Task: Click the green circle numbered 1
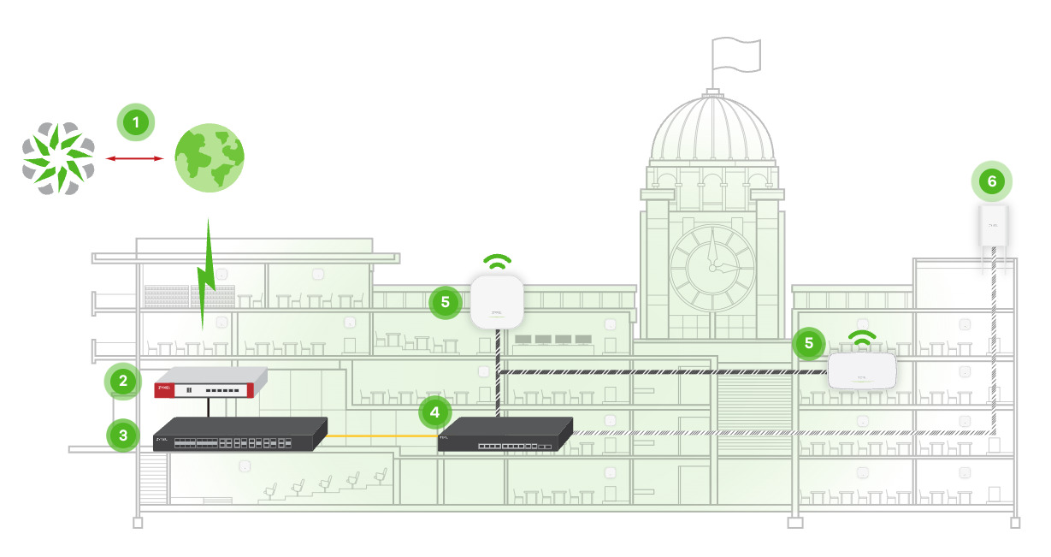[134, 121]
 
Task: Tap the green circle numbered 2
[123, 382]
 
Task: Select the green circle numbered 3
[123, 434]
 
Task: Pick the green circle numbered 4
[435, 412]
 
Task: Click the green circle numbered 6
[991, 181]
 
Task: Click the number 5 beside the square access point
[445, 301]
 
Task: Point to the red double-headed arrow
[133, 158]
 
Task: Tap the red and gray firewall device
[210, 382]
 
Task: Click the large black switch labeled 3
[240, 434]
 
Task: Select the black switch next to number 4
[505, 435]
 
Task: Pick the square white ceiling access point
[497, 301]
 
